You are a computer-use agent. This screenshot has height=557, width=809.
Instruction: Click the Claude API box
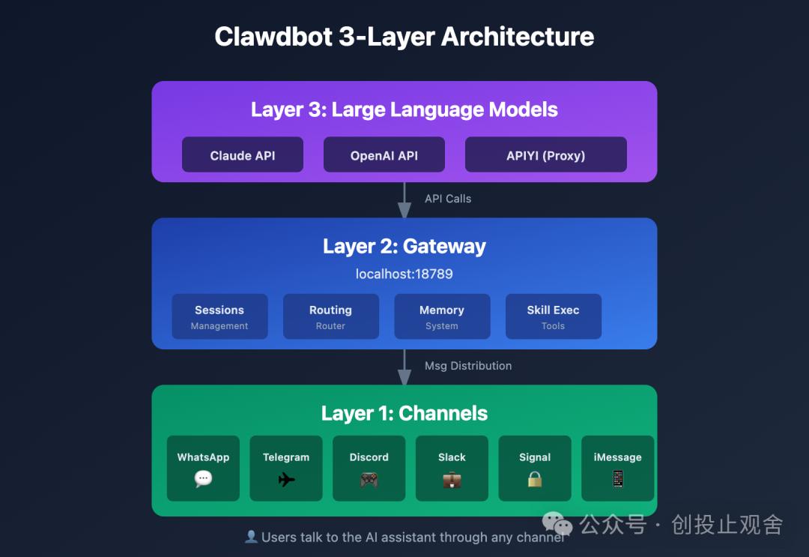point(243,154)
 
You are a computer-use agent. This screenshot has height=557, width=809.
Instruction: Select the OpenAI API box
point(384,154)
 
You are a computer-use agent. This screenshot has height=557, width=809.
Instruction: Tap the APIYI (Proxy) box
point(545,154)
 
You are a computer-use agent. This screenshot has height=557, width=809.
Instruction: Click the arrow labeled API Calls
point(404,199)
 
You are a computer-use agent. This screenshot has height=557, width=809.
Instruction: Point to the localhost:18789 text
point(404,274)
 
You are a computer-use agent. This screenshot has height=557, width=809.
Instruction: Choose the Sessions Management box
point(219,316)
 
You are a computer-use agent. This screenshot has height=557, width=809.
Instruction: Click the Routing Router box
point(330,316)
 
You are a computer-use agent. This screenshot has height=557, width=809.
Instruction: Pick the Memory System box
point(442,316)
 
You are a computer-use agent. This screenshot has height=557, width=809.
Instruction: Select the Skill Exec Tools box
point(553,316)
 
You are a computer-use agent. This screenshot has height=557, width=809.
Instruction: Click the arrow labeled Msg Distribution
point(404,367)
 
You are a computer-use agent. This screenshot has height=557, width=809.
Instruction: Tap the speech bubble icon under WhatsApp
point(203,479)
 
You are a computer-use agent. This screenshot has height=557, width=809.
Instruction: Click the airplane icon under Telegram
point(286,479)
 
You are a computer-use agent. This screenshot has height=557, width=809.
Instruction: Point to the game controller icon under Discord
point(369,479)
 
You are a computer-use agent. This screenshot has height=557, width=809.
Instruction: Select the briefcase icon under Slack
point(452,479)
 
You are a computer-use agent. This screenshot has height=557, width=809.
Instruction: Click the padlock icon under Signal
point(535,479)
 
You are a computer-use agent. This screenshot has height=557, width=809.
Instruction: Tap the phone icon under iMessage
point(618,479)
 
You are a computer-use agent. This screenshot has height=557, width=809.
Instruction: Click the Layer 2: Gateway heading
point(404,246)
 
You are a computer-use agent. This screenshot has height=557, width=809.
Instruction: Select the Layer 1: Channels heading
point(404,413)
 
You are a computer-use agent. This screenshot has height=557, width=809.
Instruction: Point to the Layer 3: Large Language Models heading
point(404,109)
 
